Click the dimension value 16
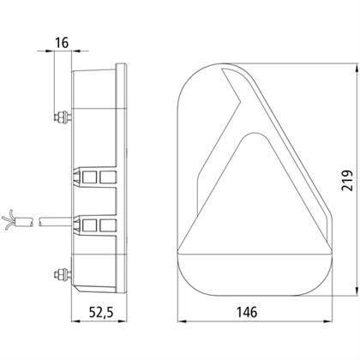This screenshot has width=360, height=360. pyautogui.click(x=62, y=43)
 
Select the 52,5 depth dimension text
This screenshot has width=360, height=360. pyautogui.click(x=101, y=312)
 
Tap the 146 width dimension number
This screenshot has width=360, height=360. pyautogui.click(x=247, y=312)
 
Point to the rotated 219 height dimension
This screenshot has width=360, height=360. pyautogui.click(x=347, y=181)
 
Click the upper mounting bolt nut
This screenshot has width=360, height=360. pyautogui.click(x=62, y=117)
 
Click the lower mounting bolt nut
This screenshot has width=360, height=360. pyautogui.click(x=62, y=274)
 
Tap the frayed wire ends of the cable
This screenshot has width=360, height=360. pyautogui.click(x=8, y=219)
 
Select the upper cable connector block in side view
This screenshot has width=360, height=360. pyautogui.click(x=94, y=177)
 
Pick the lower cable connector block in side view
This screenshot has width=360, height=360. pyautogui.click(x=94, y=225)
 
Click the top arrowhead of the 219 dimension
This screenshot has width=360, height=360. pyautogui.click(x=356, y=69)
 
